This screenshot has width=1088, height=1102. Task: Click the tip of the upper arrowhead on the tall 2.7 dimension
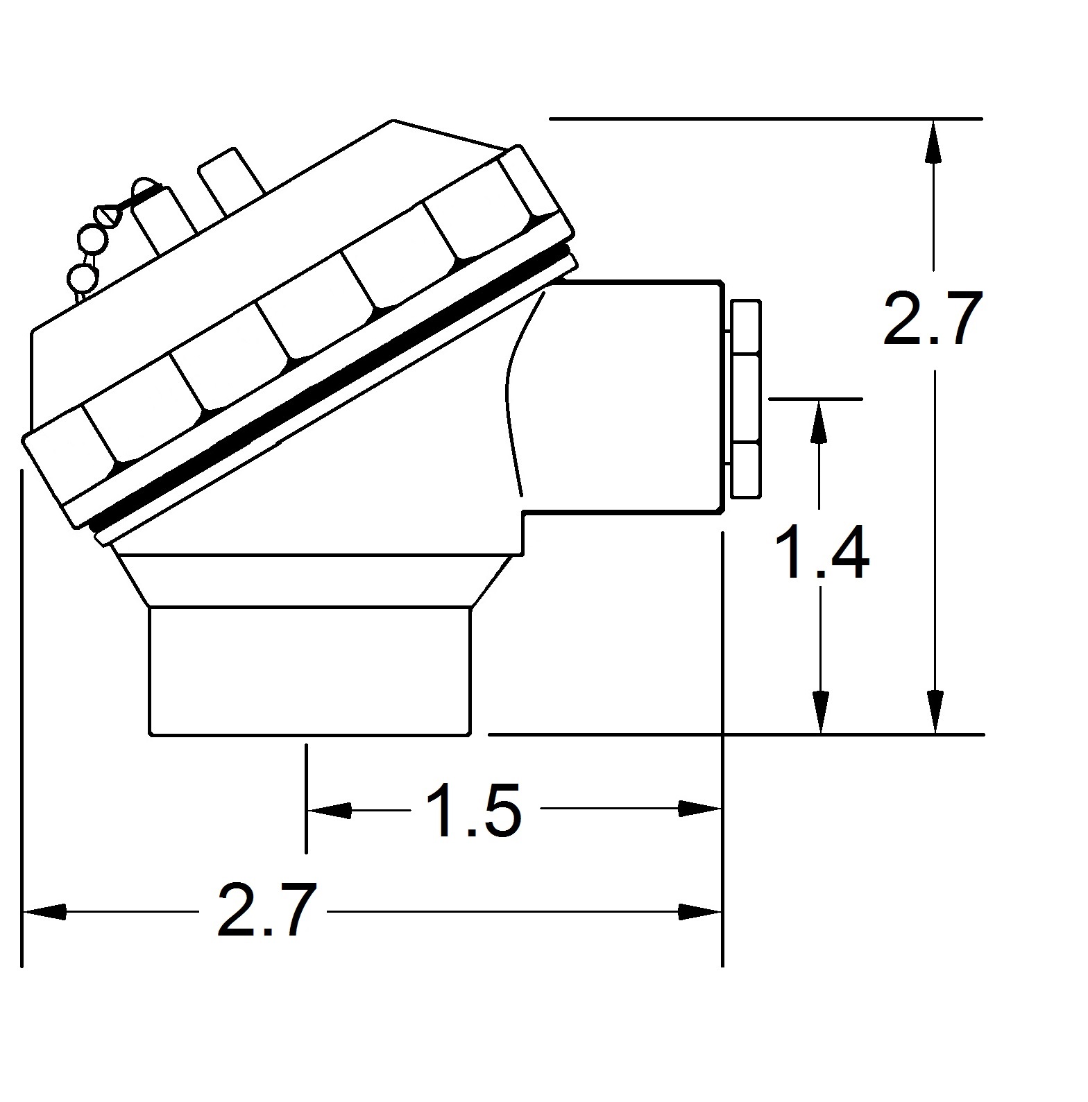[x=935, y=120]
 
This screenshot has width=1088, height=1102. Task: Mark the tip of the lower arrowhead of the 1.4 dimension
[x=820, y=733]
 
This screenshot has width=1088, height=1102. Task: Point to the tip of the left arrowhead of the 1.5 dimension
[x=307, y=809]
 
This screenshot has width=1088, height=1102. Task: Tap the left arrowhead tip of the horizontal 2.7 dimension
[x=24, y=911]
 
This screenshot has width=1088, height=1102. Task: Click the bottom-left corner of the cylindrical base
[x=150, y=734]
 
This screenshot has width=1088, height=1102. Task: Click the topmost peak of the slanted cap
[x=393, y=121]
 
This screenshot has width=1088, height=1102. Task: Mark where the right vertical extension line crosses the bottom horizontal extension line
[x=722, y=734]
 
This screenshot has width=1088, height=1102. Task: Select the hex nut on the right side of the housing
[x=746, y=398]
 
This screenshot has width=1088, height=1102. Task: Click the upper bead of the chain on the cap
[x=93, y=240]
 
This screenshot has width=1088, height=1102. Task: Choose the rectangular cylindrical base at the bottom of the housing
[x=310, y=671]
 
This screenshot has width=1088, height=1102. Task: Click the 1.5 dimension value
[x=473, y=810]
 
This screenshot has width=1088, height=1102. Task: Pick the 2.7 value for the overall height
[x=933, y=318]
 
